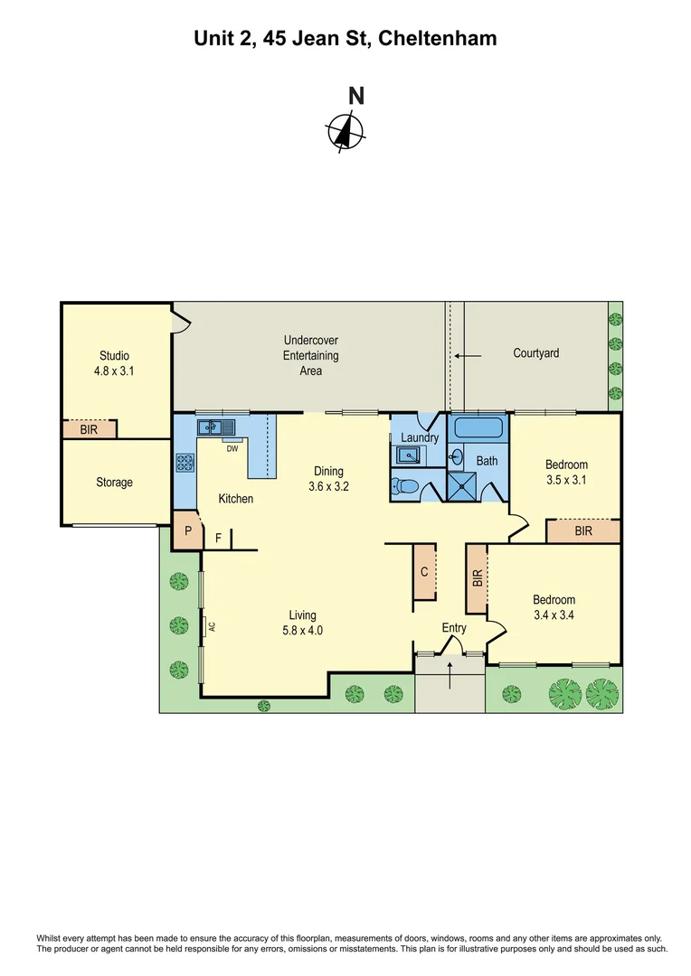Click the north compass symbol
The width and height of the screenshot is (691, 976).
(345, 131)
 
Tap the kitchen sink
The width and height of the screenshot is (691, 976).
(217, 427)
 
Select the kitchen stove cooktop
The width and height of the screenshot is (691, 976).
(185, 463)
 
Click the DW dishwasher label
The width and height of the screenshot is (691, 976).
(232, 448)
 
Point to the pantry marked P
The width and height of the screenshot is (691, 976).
(187, 531)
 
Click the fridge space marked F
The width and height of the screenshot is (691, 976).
(218, 539)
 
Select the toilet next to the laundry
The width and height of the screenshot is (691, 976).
(404, 487)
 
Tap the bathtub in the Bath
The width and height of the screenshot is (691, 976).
(479, 428)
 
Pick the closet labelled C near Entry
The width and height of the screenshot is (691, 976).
(424, 571)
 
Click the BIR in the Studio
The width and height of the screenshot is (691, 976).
(89, 429)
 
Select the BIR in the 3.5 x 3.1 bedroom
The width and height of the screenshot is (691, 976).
(583, 531)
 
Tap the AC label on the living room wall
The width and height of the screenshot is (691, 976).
(209, 625)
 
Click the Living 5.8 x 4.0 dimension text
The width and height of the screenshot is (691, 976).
(301, 631)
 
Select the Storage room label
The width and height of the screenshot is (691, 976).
(114, 483)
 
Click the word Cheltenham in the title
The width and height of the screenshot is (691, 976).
(437, 39)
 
